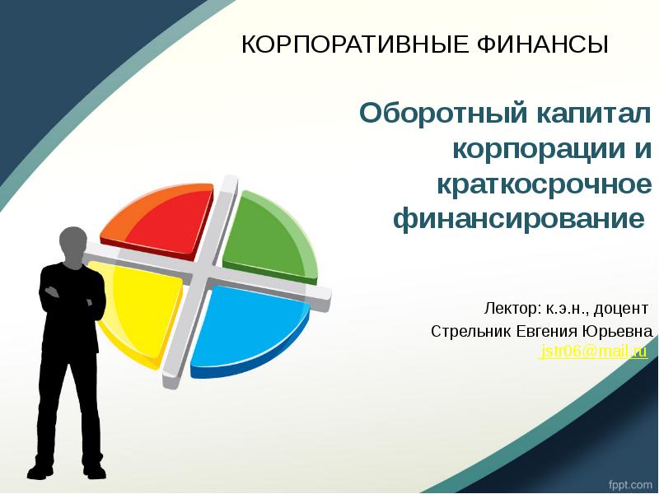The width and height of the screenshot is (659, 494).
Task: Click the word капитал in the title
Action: [x=582, y=113]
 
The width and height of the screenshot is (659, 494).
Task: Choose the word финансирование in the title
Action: [x=519, y=220]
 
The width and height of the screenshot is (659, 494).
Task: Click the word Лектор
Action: [x=512, y=309]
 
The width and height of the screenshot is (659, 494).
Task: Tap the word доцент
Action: [x=621, y=309]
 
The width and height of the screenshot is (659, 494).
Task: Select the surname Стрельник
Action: [x=470, y=331]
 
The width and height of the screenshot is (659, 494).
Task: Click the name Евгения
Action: [x=548, y=331]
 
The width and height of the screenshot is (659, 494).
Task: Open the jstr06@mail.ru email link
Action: [x=592, y=352]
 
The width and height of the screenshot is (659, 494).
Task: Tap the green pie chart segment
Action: [x=268, y=235]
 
